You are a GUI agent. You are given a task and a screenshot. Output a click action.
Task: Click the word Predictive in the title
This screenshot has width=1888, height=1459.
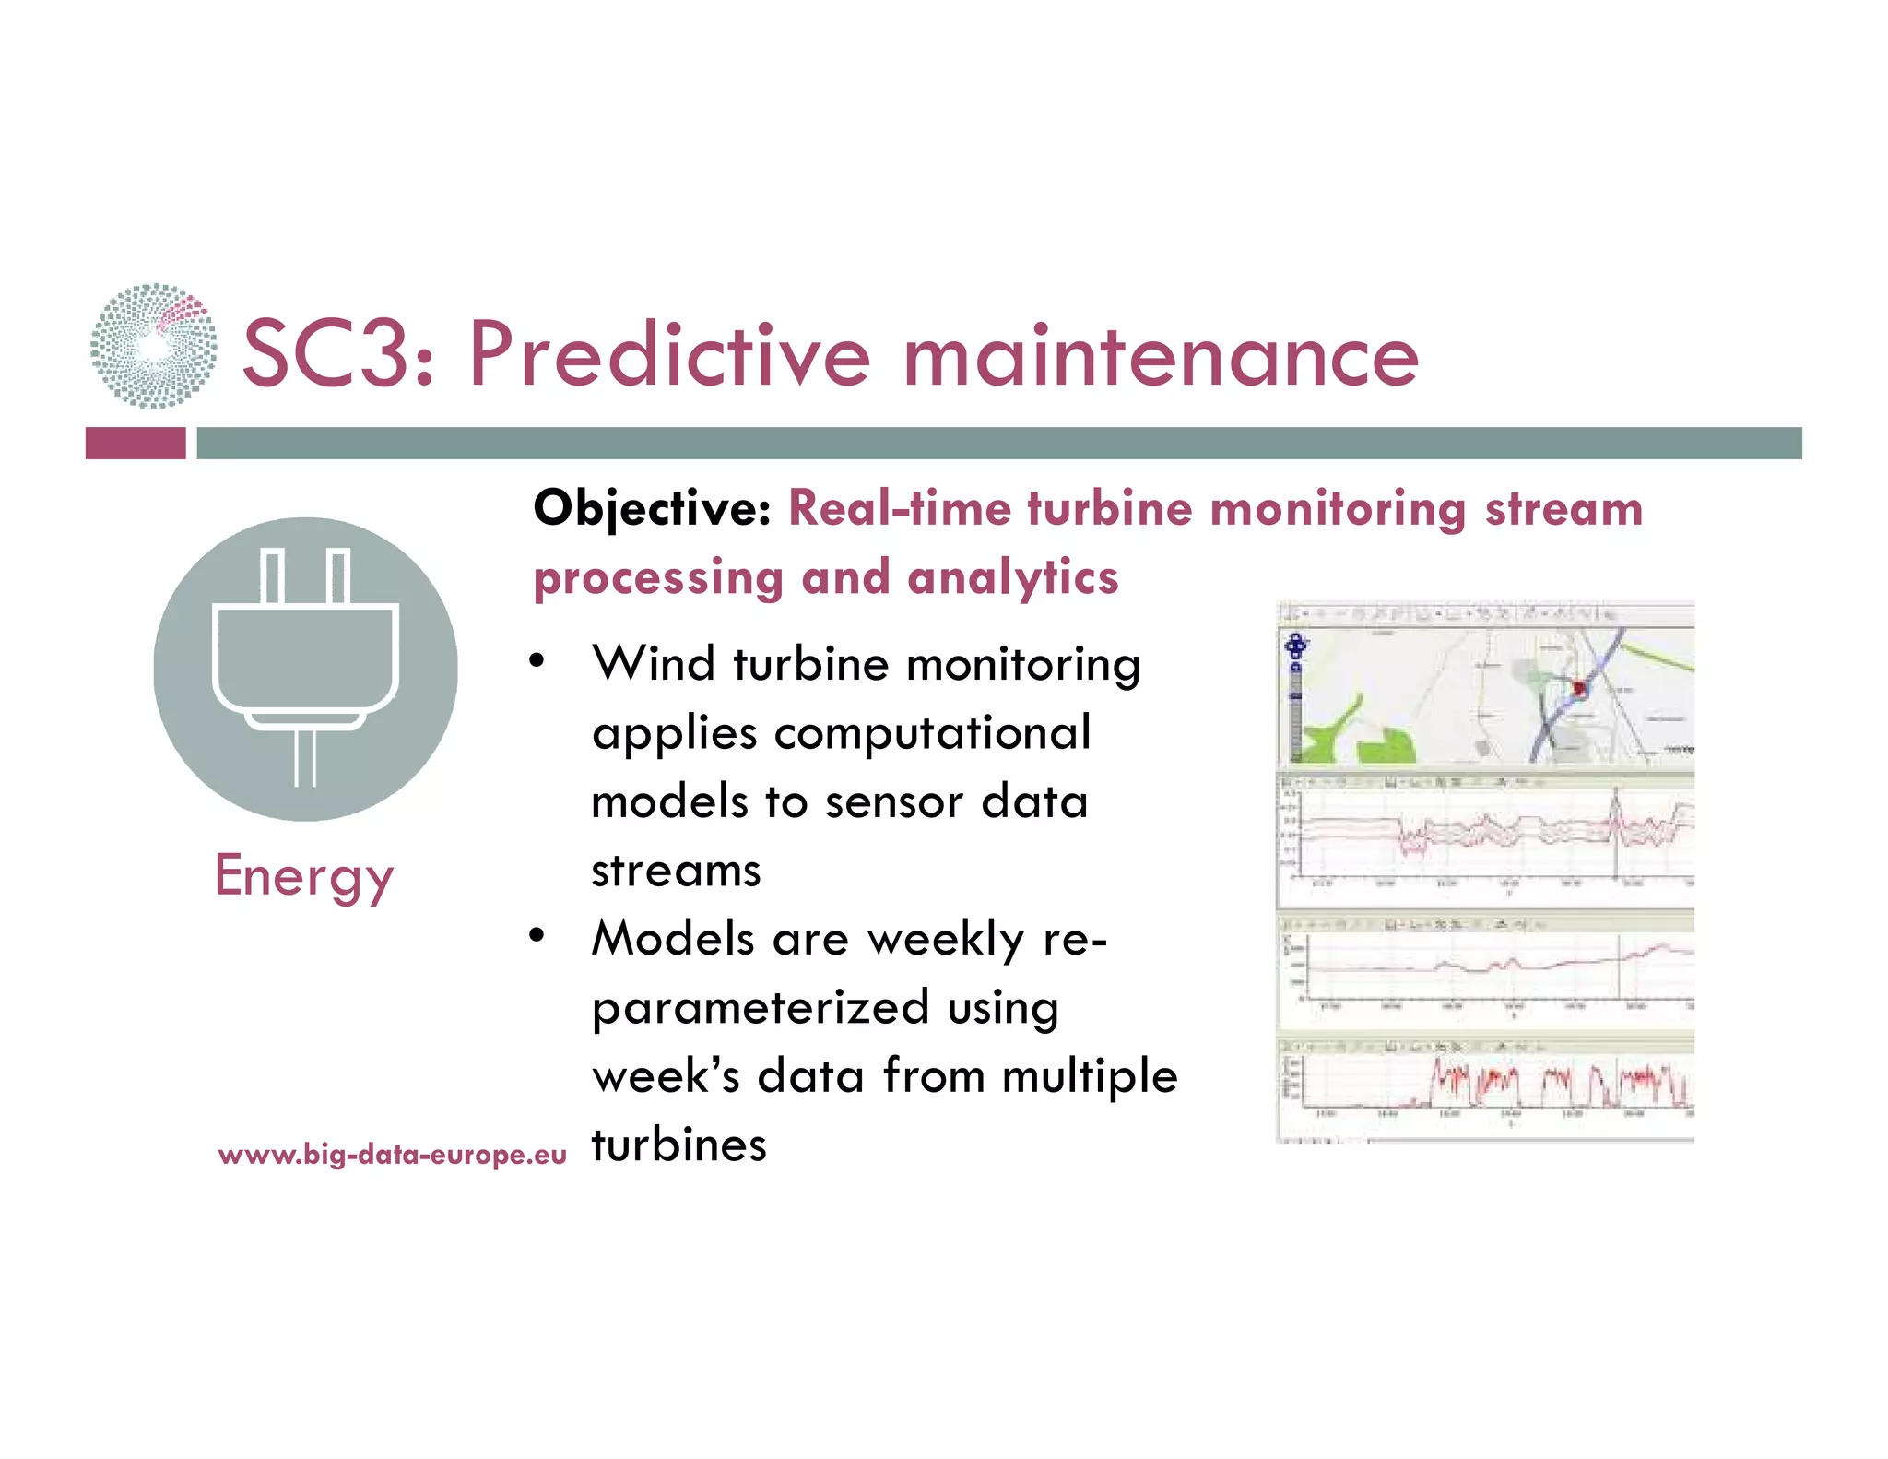pos(669,355)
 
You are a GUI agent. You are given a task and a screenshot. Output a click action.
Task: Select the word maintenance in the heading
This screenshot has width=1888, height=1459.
pos(1161,357)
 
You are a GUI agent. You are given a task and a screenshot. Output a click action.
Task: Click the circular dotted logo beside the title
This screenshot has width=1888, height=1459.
pos(154,346)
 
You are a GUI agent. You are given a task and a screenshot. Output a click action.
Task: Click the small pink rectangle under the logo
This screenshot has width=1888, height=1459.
pos(136,443)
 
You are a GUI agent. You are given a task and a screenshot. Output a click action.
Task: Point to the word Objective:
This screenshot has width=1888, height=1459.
pos(652,509)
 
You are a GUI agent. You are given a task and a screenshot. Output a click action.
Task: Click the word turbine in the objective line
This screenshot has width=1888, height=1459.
pos(1109,509)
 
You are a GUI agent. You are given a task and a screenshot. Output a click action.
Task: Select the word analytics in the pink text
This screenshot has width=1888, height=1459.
pos(1012,578)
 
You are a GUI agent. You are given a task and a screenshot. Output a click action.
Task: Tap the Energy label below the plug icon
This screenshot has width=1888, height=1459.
pos(304,876)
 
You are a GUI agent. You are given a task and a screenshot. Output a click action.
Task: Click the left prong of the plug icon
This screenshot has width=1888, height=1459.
pos(272,576)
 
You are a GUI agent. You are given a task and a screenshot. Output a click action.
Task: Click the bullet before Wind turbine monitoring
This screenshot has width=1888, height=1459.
pos(537,662)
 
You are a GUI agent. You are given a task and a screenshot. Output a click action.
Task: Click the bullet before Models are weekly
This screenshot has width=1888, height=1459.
pos(537,936)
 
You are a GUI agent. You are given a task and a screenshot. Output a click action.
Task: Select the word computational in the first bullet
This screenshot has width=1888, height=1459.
pos(932,733)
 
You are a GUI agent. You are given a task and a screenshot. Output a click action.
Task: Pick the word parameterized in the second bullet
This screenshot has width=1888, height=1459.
pos(761,1007)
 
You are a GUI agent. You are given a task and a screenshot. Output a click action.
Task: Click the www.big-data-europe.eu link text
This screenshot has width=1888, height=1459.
pos(393,1155)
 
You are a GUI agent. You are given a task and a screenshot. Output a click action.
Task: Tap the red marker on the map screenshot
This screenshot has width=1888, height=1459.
pos(1578,688)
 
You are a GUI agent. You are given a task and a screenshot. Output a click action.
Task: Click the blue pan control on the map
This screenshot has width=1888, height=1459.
pos(1296,646)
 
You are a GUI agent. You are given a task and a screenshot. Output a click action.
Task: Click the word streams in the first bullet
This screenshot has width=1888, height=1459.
pos(676,871)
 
